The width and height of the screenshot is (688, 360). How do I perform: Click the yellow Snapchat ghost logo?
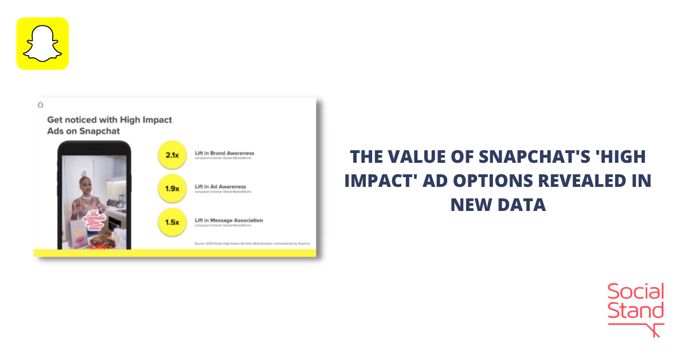(x=42, y=44)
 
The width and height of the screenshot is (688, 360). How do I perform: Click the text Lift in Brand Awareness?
(x=224, y=154)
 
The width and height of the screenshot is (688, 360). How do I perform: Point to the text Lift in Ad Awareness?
(x=220, y=187)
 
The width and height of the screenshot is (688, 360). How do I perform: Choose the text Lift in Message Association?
(x=229, y=220)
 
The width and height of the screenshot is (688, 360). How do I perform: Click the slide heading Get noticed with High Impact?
(x=109, y=120)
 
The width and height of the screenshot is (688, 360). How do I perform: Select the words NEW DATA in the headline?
(x=498, y=205)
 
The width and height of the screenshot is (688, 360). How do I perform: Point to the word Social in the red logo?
(x=635, y=292)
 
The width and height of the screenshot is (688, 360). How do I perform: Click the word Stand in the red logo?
(x=635, y=311)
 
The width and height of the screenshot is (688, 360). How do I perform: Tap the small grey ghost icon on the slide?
(x=40, y=105)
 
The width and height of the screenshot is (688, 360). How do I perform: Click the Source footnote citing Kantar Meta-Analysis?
(x=252, y=244)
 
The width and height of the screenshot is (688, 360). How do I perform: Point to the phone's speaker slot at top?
(x=95, y=147)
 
